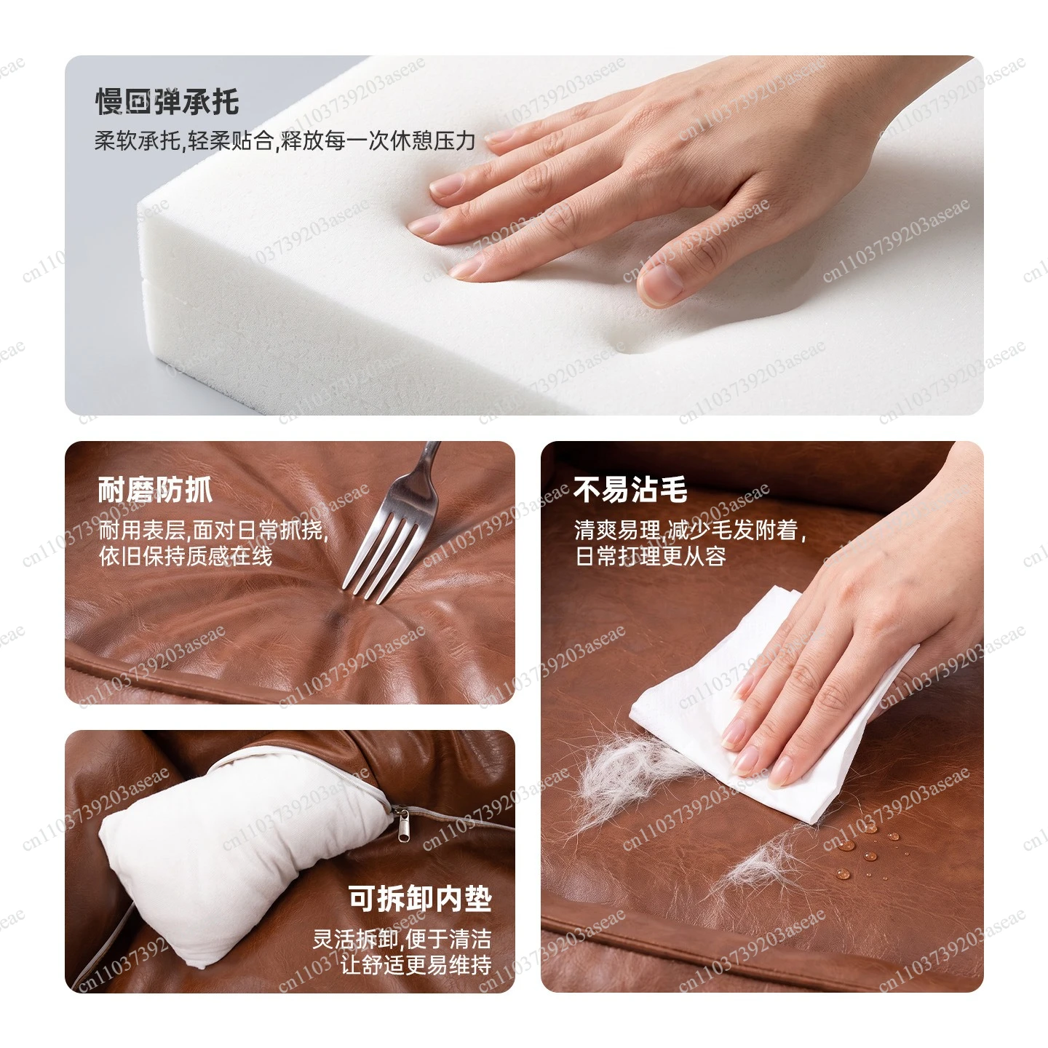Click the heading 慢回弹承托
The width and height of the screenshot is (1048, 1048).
click(x=167, y=102)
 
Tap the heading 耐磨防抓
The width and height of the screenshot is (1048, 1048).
click(x=155, y=490)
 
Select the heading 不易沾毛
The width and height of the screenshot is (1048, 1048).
click(x=631, y=490)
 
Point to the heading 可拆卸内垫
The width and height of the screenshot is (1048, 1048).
click(x=420, y=899)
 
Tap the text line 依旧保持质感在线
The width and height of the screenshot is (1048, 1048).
click(x=186, y=556)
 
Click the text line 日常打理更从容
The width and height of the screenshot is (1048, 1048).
click(x=651, y=556)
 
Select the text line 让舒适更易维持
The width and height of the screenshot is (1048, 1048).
click(x=416, y=965)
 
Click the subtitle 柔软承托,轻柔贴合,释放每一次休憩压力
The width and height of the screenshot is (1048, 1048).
click(x=285, y=141)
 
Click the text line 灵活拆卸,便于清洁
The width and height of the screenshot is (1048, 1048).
click(x=402, y=940)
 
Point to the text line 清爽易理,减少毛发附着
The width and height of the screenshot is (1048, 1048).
click(x=690, y=531)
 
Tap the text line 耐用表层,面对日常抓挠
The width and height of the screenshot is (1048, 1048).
click(x=213, y=531)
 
